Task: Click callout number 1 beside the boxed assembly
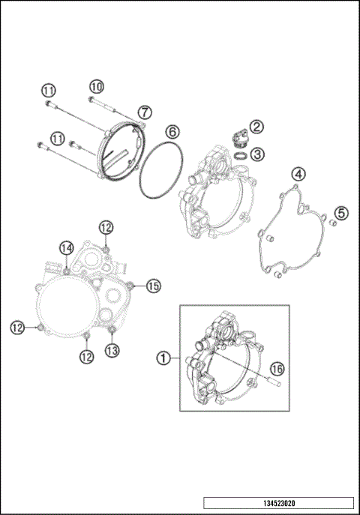pos(161,358)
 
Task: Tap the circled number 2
pos(256,127)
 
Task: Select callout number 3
pos(258,155)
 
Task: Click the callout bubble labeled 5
pos(340,214)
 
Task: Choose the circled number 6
pos(172,131)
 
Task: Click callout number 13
pos(111,350)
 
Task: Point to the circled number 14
pos(67,248)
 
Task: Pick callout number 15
pos(153,286)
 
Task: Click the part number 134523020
pos(277,503)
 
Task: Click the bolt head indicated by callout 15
pos(132,285)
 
